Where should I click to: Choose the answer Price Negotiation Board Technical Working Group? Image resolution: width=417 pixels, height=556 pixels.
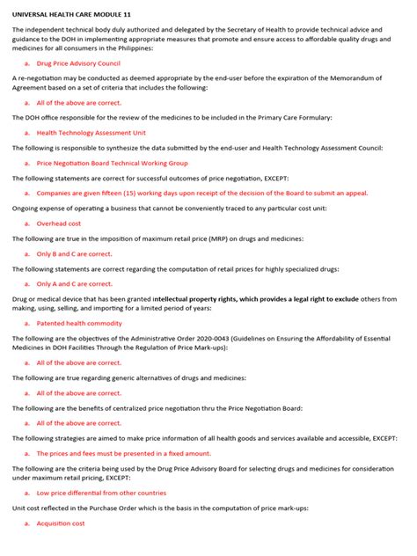pos(112,163)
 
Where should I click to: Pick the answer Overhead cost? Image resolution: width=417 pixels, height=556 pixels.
pos(60,223)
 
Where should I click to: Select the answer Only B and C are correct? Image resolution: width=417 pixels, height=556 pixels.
pos(74,253)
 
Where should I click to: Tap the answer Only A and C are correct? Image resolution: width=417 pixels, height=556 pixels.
pos(74,284)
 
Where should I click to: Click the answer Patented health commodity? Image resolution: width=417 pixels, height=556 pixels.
pos(79,324)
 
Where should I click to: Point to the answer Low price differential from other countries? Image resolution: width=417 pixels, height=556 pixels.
pos(101,493)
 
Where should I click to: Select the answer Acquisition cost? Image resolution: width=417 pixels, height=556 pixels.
pos(61,523)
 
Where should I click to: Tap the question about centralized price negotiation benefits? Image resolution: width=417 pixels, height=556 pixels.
pos(180,407)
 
